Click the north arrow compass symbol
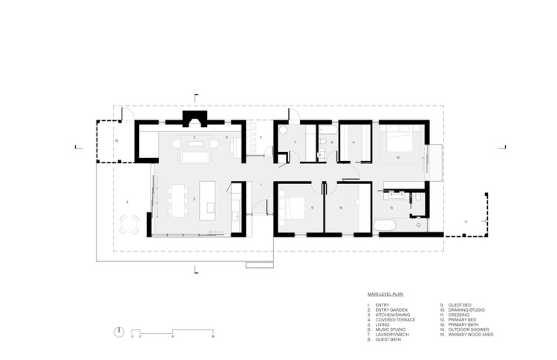pyautogui.click(x=117, y=331)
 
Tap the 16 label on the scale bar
pyautogui.click(x=213, y=336)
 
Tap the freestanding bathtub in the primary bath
pyautogui.click(x=392, y=226)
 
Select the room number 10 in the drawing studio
pyautogui.click(x=341, y=208)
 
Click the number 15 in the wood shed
pyautogui.click(x=117, y=140)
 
